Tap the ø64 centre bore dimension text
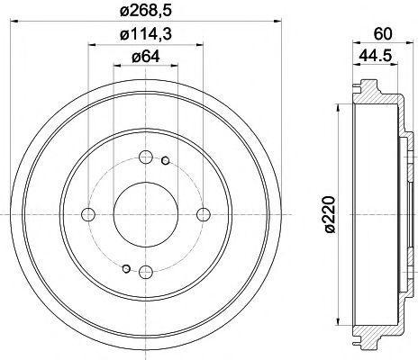click(145, 58)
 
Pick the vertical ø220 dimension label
click(329, 212)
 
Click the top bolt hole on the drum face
click(145, 157)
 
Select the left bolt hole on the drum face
click(88, 213)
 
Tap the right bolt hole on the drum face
click(202, 213)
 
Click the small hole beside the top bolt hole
click(165, 161)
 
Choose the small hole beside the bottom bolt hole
click(126, 266)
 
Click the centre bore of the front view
click(145, 213)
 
